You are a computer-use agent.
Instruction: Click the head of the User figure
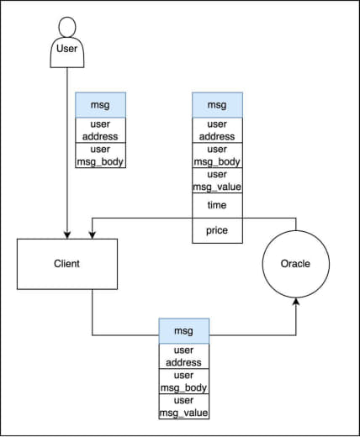[67, 27]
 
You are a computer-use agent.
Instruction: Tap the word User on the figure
[66, 49]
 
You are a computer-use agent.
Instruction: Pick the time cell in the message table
[217, 205]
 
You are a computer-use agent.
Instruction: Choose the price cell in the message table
[217, 230]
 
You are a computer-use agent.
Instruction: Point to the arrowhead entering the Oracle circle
[296, 302]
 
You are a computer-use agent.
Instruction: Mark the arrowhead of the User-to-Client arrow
[67, 235]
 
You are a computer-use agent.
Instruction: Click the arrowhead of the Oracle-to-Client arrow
[93, 235]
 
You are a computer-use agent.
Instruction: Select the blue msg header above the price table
[217, 105]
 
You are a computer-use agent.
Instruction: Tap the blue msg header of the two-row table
[101, 105]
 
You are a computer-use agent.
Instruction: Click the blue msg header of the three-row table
[184, 331]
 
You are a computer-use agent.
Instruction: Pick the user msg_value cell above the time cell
[217, 181]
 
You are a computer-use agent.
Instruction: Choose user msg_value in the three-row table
[184, 407]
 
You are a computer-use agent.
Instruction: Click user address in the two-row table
[101, 130]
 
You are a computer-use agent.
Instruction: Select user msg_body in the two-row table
[101, 155]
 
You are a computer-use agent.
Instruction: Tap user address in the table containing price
[217, 130]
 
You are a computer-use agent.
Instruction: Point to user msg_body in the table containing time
[217, 155]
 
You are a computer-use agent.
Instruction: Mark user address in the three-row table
[184, 356]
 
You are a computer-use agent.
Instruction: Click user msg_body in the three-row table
[184, 382]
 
